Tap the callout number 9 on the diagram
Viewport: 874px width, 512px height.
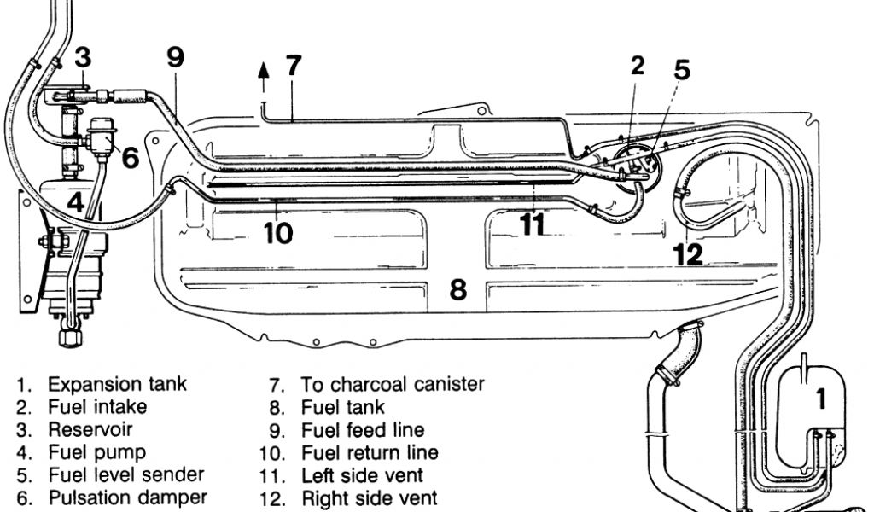pos(175,58)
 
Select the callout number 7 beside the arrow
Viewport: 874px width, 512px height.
pos(293,66)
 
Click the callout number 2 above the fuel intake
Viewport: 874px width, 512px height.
pos(638,67)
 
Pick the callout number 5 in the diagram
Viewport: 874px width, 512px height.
pos(681,70)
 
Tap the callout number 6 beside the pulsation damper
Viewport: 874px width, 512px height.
pos(130,159)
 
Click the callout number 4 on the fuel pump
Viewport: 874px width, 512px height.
pos(76,203)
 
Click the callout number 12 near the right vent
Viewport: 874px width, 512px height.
pos(688,253)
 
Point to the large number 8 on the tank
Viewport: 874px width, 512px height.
pos(458,290)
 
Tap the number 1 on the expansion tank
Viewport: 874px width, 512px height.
pos(820,399)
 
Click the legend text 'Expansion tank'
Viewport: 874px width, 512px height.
pos(117,385)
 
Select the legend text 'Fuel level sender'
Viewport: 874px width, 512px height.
pos(125,474)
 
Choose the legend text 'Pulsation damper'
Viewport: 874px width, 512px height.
pos(126,497)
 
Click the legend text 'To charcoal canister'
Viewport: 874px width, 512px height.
pos(392,385)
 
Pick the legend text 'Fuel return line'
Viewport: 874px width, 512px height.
pos(370,452)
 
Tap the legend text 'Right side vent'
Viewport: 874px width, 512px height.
pos(369,497)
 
